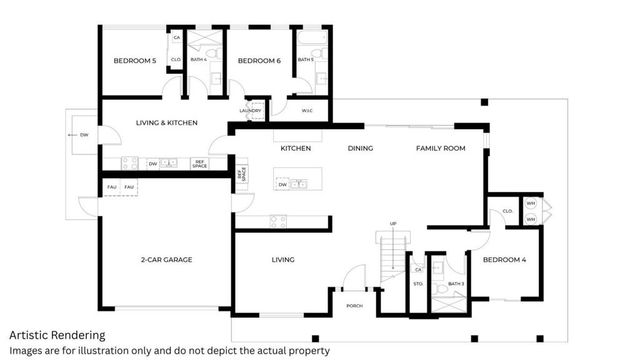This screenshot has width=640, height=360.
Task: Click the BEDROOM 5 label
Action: coord(134,61)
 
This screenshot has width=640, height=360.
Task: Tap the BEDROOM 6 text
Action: coord(259,61)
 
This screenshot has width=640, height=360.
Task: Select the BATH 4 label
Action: coord(198,60)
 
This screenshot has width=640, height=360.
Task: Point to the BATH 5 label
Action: coord(306,60)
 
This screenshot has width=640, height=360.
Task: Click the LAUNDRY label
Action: coord(251,110)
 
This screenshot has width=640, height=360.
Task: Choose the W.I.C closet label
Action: coord(307,110)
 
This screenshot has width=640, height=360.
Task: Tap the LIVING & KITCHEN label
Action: coord(167,123)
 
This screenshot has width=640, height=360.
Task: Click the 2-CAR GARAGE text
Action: coord(166,260)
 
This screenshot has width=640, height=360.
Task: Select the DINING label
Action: coord(360,148)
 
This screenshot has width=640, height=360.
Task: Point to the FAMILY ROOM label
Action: coord(441,148)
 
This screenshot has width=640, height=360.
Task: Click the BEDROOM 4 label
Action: coord(503,260)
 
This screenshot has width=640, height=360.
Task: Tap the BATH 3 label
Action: coord(456,285)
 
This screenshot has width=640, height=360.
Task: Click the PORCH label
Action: coord(354,305)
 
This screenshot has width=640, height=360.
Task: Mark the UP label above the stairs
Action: coord(393,223)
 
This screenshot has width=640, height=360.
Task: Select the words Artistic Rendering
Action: coord(56,335)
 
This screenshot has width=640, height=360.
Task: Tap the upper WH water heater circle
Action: coord(531,204)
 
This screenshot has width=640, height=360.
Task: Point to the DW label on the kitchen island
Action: coord(284,185)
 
